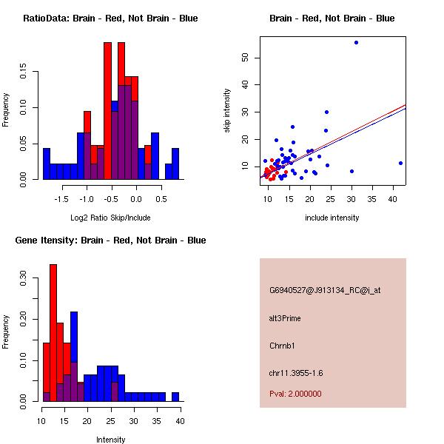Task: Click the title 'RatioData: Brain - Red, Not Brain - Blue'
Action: (x=110, y=18)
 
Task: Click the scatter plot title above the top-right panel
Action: (x=332, y=18)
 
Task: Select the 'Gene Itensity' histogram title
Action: (x=110, y=240)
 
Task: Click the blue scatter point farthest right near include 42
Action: (x=400, y=163)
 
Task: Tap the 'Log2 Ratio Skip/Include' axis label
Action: (x=110, y=218)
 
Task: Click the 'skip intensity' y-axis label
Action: (x=227, y=111)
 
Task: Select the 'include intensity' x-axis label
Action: (x=332, y=218)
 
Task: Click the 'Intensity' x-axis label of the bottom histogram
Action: (x=110, y=440)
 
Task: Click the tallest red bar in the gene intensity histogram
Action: (x=53, y=333)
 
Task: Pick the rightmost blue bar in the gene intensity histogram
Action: (x=175, y=397)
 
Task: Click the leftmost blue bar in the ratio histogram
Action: (x=47, y=164)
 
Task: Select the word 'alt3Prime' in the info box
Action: (x=285, y=318)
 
